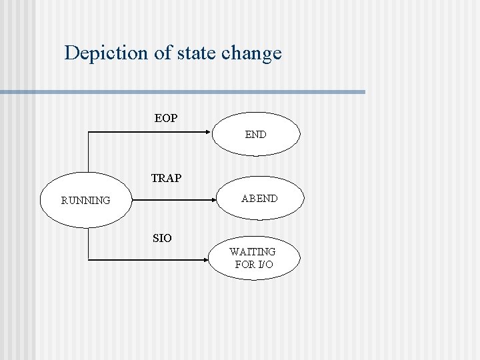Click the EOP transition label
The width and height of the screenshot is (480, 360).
coord(166,118)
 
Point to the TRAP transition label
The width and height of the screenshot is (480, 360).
coord(166,178)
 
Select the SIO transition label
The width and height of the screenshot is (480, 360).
coord(162,238)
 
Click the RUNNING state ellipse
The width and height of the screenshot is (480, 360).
coord(86,199)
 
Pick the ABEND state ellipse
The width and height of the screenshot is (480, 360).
coord(259,198)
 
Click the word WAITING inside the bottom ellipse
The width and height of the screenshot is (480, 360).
coord(252,252)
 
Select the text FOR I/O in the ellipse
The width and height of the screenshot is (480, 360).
coord(254,265)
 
